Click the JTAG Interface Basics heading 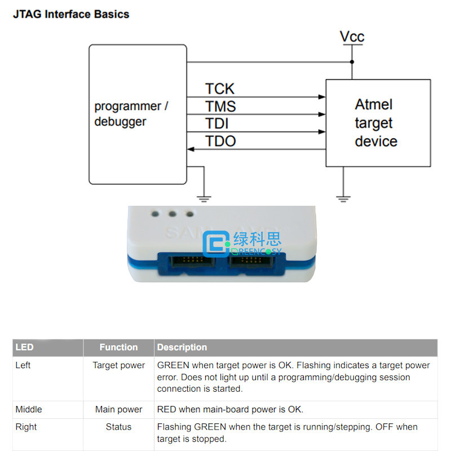71,14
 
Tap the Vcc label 352,37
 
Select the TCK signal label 220,89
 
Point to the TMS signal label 220,106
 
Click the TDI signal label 217,123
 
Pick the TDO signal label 220,142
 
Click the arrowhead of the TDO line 191,149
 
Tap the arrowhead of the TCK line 322,97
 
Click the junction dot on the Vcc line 352,62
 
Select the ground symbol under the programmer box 204,199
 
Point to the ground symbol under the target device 343,199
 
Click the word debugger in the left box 120,122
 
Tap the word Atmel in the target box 374,104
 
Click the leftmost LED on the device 155,214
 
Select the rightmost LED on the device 189,214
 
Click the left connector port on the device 192,260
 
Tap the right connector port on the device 251,260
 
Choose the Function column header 118,347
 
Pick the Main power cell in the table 118,409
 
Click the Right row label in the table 26,427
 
